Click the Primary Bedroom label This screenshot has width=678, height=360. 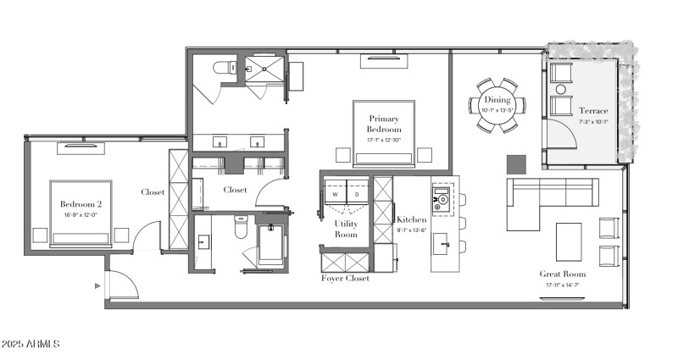click(383, 123)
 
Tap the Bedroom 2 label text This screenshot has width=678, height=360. click(81, 204)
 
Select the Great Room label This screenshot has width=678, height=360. click(563, 274)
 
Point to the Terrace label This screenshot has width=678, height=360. click(593, 111)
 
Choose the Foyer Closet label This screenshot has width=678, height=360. click(344, 279)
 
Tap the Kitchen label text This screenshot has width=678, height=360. click(412, 219)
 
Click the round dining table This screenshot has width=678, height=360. click(497, 106)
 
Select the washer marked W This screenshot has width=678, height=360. click(335, 194)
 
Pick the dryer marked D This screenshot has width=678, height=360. click(356, 194)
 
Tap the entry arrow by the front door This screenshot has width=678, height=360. click(99, 286)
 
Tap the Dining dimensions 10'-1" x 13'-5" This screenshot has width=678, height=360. click(497, 110)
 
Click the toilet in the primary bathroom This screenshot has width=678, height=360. click(224, 68)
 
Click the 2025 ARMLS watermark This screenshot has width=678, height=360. click(31, 344)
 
